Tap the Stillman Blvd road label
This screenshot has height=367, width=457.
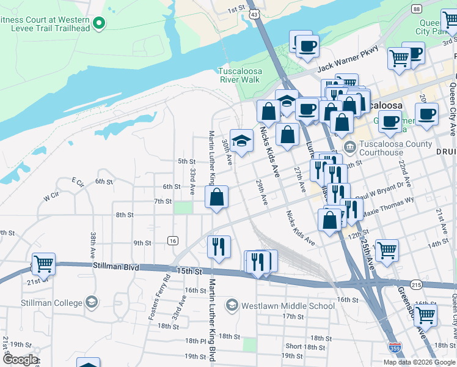tap(117, 267)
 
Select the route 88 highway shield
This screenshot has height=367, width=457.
tap(416, 9)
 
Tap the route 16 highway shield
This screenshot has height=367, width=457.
tap(173, 241)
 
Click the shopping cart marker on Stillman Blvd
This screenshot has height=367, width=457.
tap(44, 264)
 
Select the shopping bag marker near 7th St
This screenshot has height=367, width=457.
tap(217, 197)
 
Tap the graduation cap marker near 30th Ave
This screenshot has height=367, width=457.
tap(241, 141)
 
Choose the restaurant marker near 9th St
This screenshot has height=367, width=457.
tap(219, 247)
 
